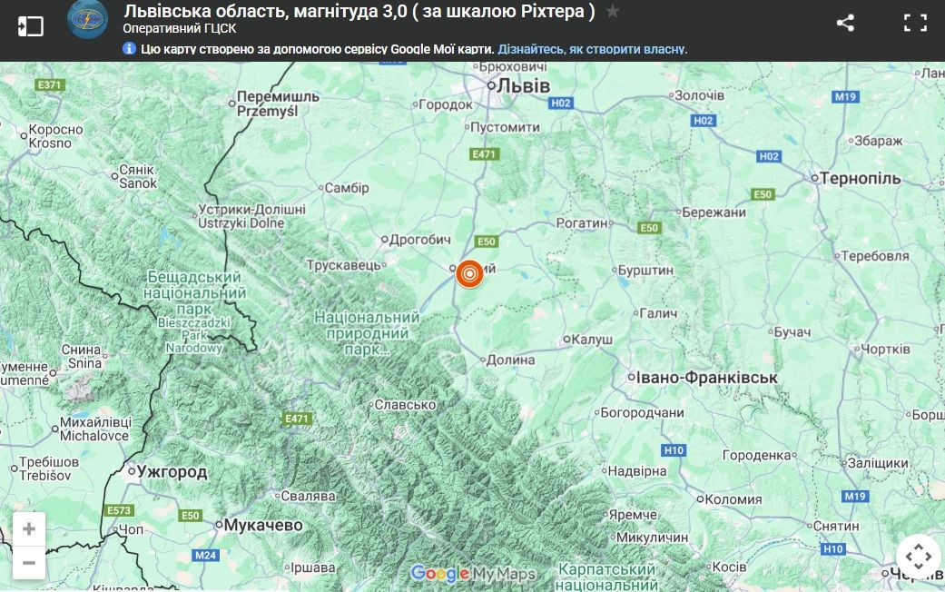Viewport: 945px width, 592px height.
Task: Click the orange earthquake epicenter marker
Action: coord(469,273)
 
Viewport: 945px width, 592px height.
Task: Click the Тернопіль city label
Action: coord(861,179)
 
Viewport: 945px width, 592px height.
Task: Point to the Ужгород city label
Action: coord(172,472)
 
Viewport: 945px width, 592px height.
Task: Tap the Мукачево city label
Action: coord(262,525)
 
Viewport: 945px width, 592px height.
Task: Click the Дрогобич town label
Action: coord(419,241)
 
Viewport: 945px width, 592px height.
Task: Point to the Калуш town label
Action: coord(593,340)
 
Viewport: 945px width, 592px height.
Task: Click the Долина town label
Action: coord(511,360)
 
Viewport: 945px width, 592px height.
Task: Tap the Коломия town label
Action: coord(733,499)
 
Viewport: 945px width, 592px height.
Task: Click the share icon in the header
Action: coord(845,24)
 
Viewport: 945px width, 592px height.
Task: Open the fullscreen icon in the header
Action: coord(915,24)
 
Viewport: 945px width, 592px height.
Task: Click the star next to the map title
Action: coord(613,12)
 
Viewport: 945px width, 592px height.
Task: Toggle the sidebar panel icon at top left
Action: coord(30,25)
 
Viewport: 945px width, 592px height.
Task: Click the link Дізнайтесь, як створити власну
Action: coord(592,49)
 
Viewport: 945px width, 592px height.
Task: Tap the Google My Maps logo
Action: coord(473,574)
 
